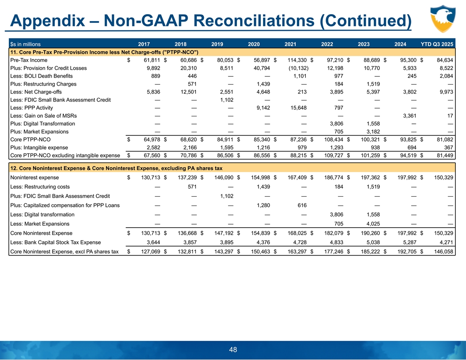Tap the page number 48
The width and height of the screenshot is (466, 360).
[x=233, y=349]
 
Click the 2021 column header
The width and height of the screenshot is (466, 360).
[x=290, y=44]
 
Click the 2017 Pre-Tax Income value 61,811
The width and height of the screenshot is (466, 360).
[x=143, y=60]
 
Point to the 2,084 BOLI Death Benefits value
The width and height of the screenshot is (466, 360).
[x=445, y=76]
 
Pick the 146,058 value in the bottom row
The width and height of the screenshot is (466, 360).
[x=443, y=252]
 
